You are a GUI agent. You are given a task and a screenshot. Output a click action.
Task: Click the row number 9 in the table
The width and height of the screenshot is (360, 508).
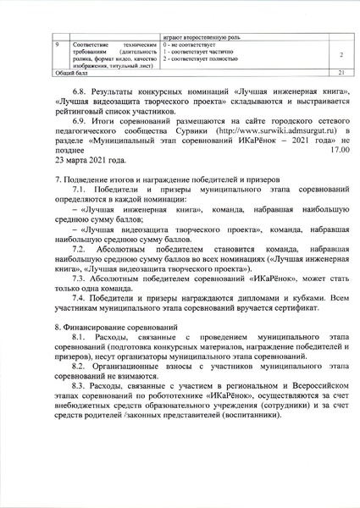(57, 41)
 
